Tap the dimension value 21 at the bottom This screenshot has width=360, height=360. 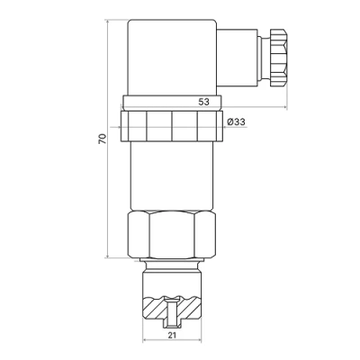(171, 335)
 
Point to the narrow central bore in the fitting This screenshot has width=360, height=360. (171, 311)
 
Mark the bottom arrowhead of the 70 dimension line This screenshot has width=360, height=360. (108, 257)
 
